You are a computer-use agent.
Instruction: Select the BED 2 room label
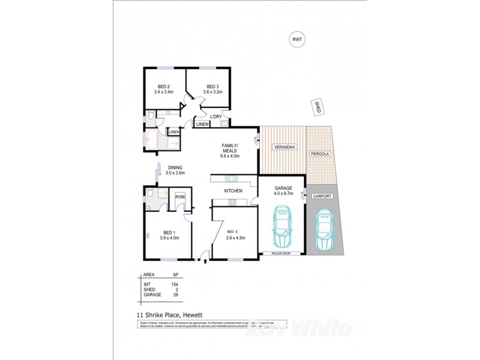[x=163, y=86]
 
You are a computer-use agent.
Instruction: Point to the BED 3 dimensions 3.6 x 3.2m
[x=213, y=92]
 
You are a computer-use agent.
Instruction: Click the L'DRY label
[x=215, y=116]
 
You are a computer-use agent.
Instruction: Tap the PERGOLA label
[x=319, y=154]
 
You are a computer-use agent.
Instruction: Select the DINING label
[x=175, y=167]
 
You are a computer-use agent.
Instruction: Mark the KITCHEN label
[x=233, y=191]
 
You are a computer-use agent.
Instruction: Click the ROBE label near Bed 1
[x=180, y=197]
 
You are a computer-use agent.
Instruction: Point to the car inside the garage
[x=281, y=227]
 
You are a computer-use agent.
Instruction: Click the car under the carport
[x=324, y=231]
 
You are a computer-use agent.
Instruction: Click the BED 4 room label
[x=233, y=231]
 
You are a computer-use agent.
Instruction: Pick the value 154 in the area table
[x=176, y=284]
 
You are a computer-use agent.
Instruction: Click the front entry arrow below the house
[x=206, y=261]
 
